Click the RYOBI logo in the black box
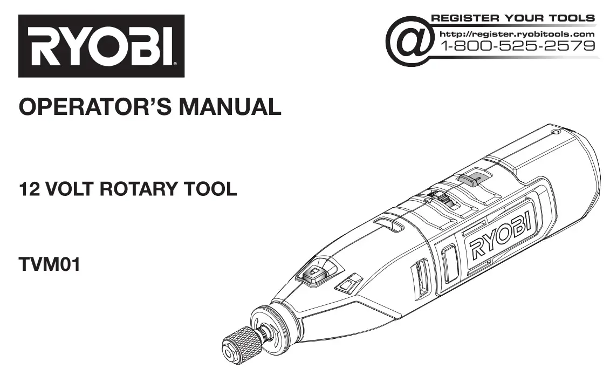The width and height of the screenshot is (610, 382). pyautogui.click(x=101, y=46)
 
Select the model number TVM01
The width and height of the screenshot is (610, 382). pyautogui.click(x=50, y=265)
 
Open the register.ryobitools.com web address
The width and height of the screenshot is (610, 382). pyautogui.click(x=518, y=34)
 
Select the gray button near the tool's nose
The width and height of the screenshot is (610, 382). pyautogui.click(x=312, y=275)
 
